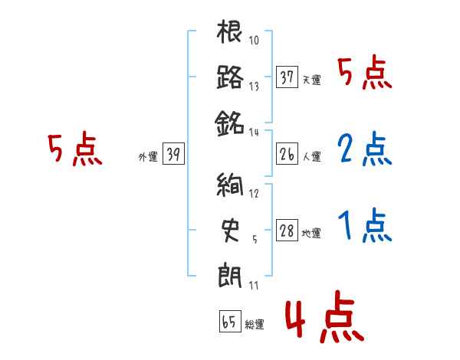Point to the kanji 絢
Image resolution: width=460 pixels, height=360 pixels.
230,185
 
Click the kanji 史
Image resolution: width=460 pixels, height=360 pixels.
230,228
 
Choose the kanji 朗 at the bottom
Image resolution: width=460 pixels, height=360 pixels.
230,273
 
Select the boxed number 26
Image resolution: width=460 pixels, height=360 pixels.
287,155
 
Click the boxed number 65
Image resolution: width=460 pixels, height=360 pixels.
229,322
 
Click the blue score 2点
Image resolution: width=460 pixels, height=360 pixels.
364,149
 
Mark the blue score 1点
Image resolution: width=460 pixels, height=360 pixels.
364,225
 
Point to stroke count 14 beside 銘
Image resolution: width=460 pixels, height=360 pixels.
254,132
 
